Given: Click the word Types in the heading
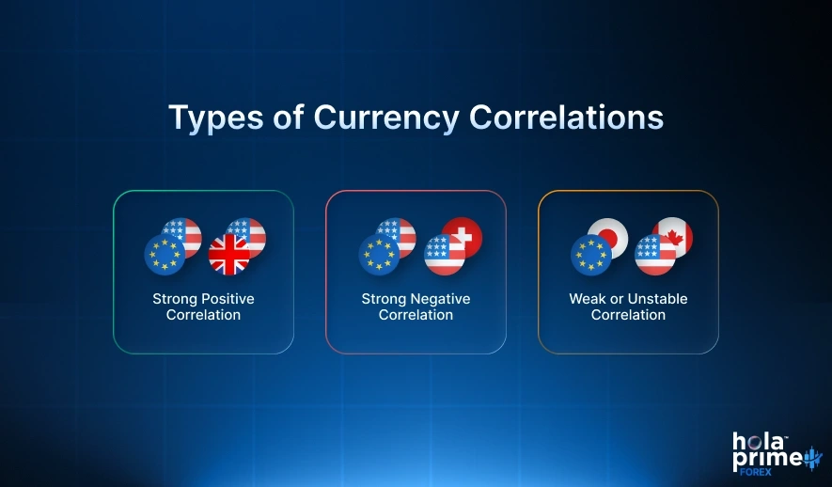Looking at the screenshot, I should pos(212,118).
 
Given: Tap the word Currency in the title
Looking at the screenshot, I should pos(386,118).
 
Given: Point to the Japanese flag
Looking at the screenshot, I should pos(606,237).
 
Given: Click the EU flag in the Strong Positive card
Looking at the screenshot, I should pos(164,255).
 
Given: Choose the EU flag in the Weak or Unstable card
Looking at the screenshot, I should pos(591,255).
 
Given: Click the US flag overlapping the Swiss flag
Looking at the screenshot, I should pos(444,255).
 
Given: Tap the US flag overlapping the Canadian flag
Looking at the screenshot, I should pos(655,255).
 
